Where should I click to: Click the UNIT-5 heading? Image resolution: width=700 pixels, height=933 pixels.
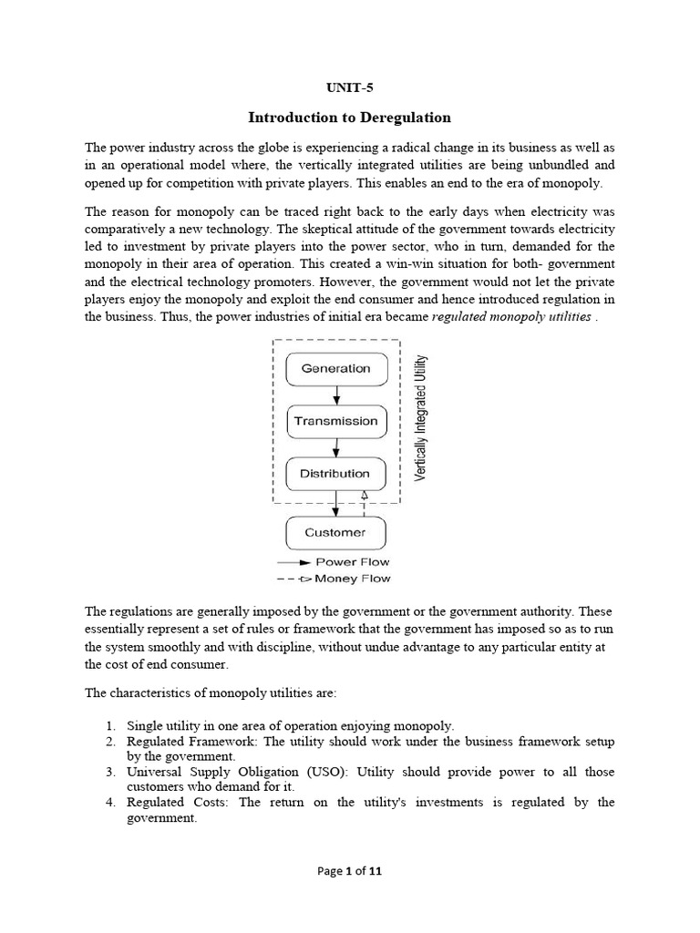point(350,88)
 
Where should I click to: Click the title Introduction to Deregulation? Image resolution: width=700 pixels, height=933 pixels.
point(350,118)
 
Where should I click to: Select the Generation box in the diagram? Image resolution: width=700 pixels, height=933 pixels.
point(335,369)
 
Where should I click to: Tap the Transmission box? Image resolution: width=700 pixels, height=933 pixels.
point(335,421)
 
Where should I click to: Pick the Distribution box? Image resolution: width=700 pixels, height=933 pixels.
point(335,474)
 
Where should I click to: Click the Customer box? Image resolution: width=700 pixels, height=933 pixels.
point(335,532)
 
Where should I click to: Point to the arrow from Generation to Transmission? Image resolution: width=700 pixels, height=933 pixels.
point(336,395)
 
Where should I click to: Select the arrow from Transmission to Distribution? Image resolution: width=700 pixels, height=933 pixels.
point(336,447)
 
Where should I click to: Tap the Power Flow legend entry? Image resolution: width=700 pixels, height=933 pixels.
point(352,562)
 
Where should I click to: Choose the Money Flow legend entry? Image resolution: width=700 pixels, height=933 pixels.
point(352,579)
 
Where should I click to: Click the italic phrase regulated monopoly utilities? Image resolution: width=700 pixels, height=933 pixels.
point(511,316)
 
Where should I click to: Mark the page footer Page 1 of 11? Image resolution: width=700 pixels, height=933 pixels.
point(349,870)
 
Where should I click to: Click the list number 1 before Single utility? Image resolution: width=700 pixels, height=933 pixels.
point(108,725)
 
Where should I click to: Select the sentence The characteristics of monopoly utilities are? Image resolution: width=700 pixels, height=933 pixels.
point(211,693)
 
